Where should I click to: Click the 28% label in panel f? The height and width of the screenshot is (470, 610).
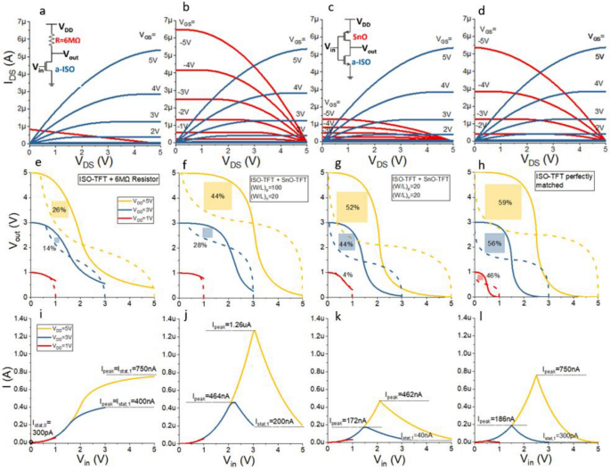point(201,244)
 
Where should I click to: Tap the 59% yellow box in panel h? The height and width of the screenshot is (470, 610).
point(503,202)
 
